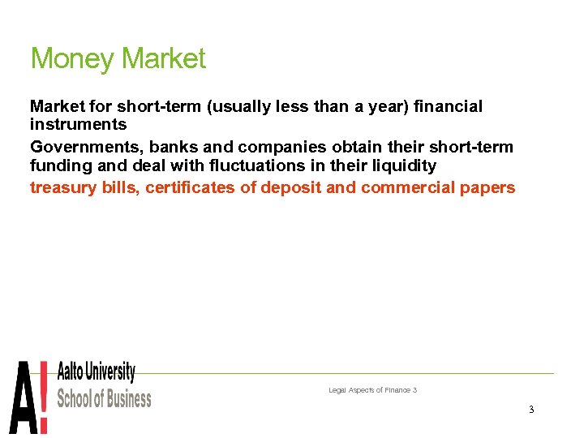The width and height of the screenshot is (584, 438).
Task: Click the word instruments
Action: coord(79,125)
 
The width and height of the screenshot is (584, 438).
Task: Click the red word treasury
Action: coord(63,188)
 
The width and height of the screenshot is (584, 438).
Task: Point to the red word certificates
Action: coord(190,188)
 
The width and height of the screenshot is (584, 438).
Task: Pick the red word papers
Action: coord(491,188)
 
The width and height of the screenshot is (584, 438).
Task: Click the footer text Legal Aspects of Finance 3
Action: coord(372,390)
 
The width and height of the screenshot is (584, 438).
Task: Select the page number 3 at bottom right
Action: coord(530,410)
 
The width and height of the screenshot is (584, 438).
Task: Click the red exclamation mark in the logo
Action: coord(44,397)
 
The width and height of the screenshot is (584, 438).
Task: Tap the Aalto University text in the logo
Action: coord(96,372)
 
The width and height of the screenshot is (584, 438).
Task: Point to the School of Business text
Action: coord(104,398)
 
